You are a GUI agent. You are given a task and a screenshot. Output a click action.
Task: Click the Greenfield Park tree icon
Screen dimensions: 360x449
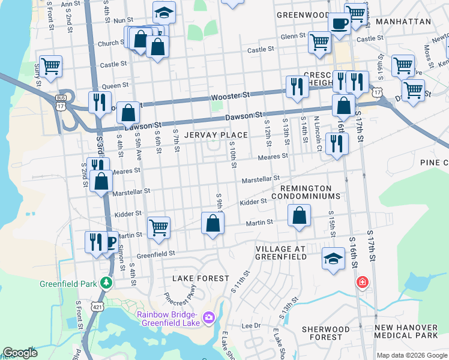(106, 282)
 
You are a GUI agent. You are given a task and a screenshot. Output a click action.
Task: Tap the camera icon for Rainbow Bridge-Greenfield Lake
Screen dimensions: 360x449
(209, 316)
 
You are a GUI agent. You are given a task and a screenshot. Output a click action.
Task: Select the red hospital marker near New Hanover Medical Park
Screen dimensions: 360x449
(362, 282)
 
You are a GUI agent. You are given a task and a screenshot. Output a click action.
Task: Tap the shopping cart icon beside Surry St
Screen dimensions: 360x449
(50, 66)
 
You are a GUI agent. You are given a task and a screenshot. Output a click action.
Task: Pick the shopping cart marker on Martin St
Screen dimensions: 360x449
(158, 227)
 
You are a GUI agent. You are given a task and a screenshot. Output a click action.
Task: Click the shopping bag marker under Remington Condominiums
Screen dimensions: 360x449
(299, 216)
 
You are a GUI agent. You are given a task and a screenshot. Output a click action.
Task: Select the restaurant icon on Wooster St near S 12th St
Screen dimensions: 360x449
(297, 86)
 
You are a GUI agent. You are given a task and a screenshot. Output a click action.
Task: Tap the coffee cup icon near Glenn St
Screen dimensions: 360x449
(340, 25)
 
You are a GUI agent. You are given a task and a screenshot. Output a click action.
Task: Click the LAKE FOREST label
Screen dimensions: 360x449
(200, 278)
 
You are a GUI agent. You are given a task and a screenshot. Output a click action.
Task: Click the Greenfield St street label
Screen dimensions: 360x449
(155, 254)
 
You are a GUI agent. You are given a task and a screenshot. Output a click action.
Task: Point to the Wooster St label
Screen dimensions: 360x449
(230, 96)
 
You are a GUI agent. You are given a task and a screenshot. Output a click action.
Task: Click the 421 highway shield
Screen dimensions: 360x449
(96, 307)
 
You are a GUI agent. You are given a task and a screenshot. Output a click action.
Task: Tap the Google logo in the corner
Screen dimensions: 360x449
(20, 353)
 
